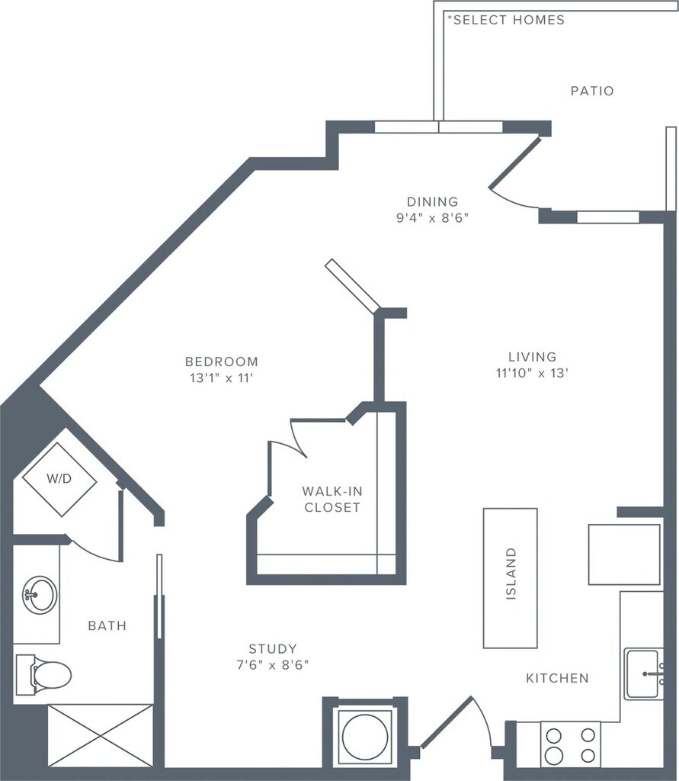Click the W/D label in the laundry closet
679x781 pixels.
(x=59, y=480)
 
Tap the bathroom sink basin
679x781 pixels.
(x=39, y=594)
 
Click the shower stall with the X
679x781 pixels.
(x=101, y=734)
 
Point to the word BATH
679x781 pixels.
(x=107, y=626)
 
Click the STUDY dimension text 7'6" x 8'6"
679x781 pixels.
(x=272, y=664)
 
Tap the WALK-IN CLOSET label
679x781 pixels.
(x=331, y=499)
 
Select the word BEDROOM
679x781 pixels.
(x=221, y=362)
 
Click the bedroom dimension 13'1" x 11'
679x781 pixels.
(x=221, y=377)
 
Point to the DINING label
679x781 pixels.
(x=432, y=202)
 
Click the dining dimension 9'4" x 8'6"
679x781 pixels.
(x=432, y=217)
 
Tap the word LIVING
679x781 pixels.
(x=533, y=357)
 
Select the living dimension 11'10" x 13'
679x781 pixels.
(x=533, y=373)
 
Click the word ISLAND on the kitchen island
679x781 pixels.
(x=511, y=574)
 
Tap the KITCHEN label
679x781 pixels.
(x=557, y=678)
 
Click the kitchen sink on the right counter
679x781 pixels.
(x=644, y=674)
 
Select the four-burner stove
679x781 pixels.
(x=570, y=745)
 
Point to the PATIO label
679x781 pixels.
(x=592, y=91)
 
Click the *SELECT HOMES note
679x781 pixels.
(x=506, y=20)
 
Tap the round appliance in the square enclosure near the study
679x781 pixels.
(x=365, y=737)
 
